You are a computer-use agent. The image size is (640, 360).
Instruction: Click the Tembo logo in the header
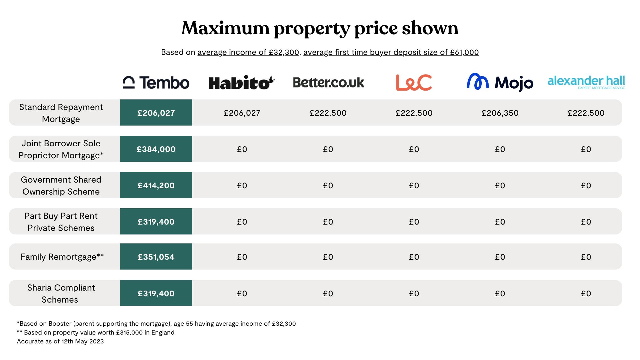156,83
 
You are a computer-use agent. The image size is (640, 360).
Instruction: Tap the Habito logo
242,83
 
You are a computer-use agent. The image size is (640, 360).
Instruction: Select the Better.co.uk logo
328,83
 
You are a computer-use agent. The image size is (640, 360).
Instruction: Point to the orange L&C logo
414,83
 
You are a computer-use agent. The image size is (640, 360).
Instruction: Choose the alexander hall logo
586,82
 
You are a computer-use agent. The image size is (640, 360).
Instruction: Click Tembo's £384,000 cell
156,149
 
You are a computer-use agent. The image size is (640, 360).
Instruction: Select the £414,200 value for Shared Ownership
156,185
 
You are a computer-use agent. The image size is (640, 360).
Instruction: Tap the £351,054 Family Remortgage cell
156,257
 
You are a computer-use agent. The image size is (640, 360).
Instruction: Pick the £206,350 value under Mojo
500,113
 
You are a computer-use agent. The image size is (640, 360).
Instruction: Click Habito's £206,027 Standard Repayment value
242,113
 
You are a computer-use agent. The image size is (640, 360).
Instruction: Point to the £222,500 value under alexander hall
586,113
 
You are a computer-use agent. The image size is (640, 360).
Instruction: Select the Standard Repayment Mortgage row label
61,113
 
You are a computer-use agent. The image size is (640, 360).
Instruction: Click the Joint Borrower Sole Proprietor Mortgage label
61,149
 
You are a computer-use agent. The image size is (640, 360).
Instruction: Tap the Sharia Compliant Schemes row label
61,293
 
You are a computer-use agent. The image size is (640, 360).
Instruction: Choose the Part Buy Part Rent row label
61,222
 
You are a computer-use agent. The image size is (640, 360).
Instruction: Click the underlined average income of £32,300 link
248,52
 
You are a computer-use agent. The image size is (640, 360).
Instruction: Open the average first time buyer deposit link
391,52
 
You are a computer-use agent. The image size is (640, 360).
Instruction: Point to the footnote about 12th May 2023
60,341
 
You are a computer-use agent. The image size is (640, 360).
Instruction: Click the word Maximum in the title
225,28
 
